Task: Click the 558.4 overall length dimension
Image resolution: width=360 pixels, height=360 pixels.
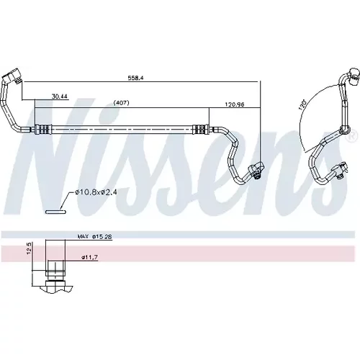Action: click(x=136, y=78)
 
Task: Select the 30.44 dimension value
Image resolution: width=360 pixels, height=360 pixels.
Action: click(x=60, y=96)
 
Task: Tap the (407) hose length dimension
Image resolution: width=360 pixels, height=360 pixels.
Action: click(x=121, y=103)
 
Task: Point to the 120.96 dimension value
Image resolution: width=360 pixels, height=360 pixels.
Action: click(x=235, y=104)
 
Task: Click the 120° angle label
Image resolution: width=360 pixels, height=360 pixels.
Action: click(x=302, y=104)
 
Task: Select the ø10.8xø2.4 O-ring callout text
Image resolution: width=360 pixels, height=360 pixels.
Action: click(x=96, y=192)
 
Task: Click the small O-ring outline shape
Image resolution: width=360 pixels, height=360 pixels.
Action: click(x=55, y=212)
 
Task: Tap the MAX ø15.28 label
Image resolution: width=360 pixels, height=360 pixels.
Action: click(x=94, y=237)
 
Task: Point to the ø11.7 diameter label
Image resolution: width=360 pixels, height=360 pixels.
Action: click(x=89, y=258)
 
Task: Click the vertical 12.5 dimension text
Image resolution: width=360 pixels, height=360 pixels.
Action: click(x=30, y=248)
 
